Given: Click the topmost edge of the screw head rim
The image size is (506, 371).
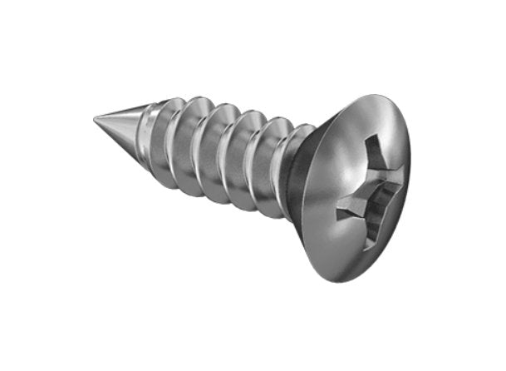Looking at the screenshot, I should (x=382, y=98).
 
